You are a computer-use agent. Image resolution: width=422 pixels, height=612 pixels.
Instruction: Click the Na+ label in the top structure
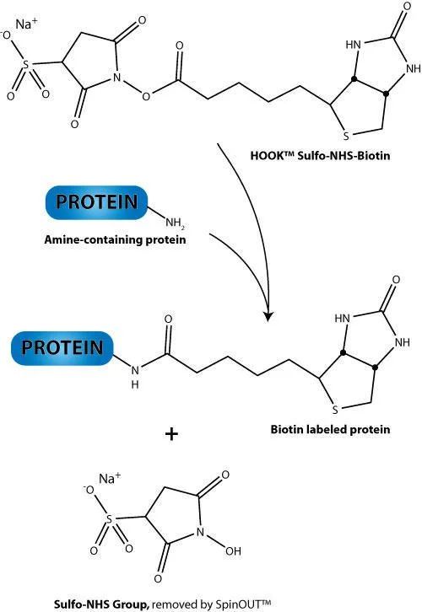coord(26,24)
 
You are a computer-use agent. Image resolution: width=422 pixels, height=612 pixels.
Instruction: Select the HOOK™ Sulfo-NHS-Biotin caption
coord(320,156)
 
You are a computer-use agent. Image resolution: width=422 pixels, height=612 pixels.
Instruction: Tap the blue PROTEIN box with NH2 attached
coord(97,202)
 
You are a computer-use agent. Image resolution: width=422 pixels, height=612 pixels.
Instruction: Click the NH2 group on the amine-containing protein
coord(175,223)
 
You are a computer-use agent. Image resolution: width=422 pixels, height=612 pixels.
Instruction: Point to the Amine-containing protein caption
coord(115,239)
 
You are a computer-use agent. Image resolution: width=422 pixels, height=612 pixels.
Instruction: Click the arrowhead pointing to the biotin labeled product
coord(268,315)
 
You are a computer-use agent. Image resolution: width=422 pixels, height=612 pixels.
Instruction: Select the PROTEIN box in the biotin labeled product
coord(62,348)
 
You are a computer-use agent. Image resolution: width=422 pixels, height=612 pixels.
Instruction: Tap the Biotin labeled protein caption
coord(330,429)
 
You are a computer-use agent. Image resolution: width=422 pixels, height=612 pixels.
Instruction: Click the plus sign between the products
coord(171,433)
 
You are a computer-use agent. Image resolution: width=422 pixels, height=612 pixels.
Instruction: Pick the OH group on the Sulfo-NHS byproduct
coord(233,551)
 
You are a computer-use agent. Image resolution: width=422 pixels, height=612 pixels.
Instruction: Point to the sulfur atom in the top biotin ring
coord(346,137)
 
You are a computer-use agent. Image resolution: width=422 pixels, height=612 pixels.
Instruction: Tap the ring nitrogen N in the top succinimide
coord(116,78)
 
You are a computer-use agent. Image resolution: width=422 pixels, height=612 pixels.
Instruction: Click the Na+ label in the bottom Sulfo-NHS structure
coord(110,479)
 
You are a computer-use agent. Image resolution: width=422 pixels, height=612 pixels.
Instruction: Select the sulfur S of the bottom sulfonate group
coord(109,519)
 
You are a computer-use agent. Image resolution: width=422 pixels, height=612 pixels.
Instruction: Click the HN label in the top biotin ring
coord(354,45)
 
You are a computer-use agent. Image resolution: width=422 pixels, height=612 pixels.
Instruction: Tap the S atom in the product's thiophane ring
coord(335,410)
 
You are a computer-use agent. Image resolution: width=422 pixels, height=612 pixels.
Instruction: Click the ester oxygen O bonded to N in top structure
coord(146,96)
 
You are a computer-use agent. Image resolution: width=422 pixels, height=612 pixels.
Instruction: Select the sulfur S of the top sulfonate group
coord(26,65)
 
